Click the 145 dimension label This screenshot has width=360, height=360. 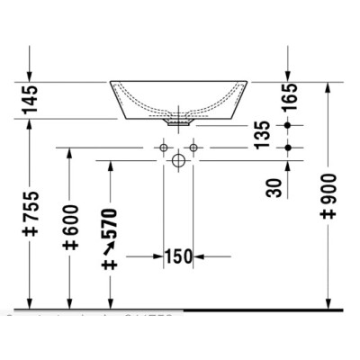click(31, 100)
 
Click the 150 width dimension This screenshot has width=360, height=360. click(178, 257)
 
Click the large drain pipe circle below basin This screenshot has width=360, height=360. click(178, 161)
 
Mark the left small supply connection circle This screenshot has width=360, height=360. click(164, 146)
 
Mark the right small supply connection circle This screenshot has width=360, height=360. click(193, 146)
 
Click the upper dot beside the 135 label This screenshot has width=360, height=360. click(288, 124)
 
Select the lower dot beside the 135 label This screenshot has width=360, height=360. click(288, 146)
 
